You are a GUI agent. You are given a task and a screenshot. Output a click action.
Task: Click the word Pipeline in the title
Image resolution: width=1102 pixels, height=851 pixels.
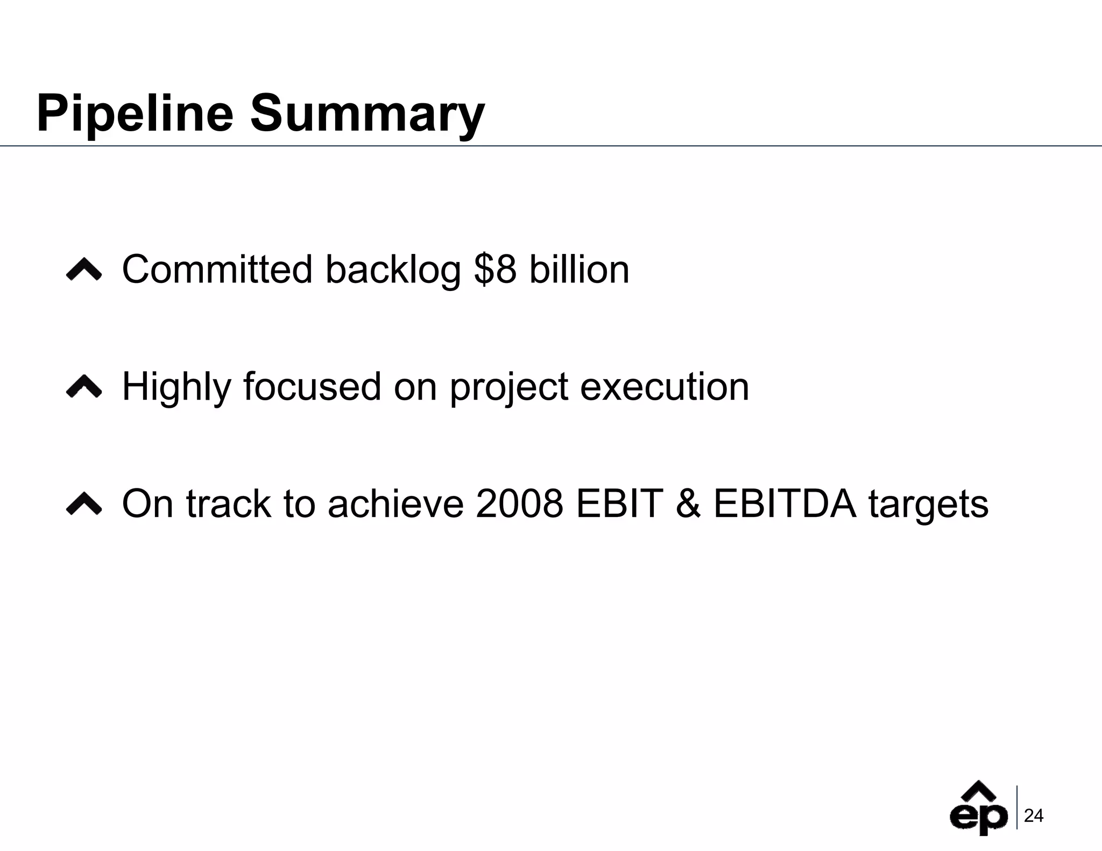(135, 114)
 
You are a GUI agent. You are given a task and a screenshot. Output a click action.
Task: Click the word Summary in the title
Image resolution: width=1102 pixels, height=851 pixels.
(368, 114)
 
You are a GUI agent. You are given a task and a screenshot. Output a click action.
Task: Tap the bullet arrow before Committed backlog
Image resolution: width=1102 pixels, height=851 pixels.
(84, 270)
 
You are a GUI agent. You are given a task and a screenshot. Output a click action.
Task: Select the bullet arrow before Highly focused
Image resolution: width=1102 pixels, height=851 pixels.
(84, 387)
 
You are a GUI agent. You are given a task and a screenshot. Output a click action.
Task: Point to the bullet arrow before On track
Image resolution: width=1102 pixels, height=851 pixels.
(84, 504)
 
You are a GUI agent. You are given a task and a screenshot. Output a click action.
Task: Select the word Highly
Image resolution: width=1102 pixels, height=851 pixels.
(176, 387)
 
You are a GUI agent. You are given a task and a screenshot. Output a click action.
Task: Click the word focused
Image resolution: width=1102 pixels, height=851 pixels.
(312, 386)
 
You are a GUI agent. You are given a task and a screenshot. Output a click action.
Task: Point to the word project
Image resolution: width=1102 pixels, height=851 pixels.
(508, 387)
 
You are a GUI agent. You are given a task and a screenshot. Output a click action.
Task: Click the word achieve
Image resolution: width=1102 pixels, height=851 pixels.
(395, 503)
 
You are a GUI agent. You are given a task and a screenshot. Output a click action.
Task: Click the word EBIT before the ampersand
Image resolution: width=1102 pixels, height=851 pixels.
(619, 503)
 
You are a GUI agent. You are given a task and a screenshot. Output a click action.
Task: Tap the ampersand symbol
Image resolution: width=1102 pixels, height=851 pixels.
(688, 503)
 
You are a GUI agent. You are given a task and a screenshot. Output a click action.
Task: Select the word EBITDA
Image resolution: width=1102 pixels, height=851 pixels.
(784, 503)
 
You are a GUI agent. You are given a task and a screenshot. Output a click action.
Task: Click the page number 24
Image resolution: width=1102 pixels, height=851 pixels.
(1034, 816)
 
